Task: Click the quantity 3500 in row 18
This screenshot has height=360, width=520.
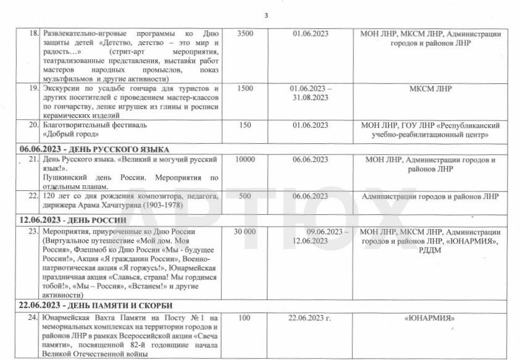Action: pyautogui.click(x=245, y=33)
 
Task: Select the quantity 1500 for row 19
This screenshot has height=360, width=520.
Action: pyautogui.click(x=245, y=89)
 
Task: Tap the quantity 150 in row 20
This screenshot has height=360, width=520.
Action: pyautogui.click(x=245, y=125)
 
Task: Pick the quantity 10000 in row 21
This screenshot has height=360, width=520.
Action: pyautogui.click(x=245, y=160)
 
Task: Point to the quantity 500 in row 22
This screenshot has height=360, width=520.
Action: pyautogui.click(x=245, y=196)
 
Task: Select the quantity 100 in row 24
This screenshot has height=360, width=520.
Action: pyautogui.click(x=245, y=318)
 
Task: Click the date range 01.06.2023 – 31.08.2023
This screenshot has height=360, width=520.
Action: pyautogui.click(x=310, y=93)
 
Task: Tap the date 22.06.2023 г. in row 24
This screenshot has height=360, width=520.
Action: pyautogui.click(x=310, y=318)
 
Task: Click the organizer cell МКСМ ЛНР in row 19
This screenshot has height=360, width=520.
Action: pyautogui.click(x=430, y=89)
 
